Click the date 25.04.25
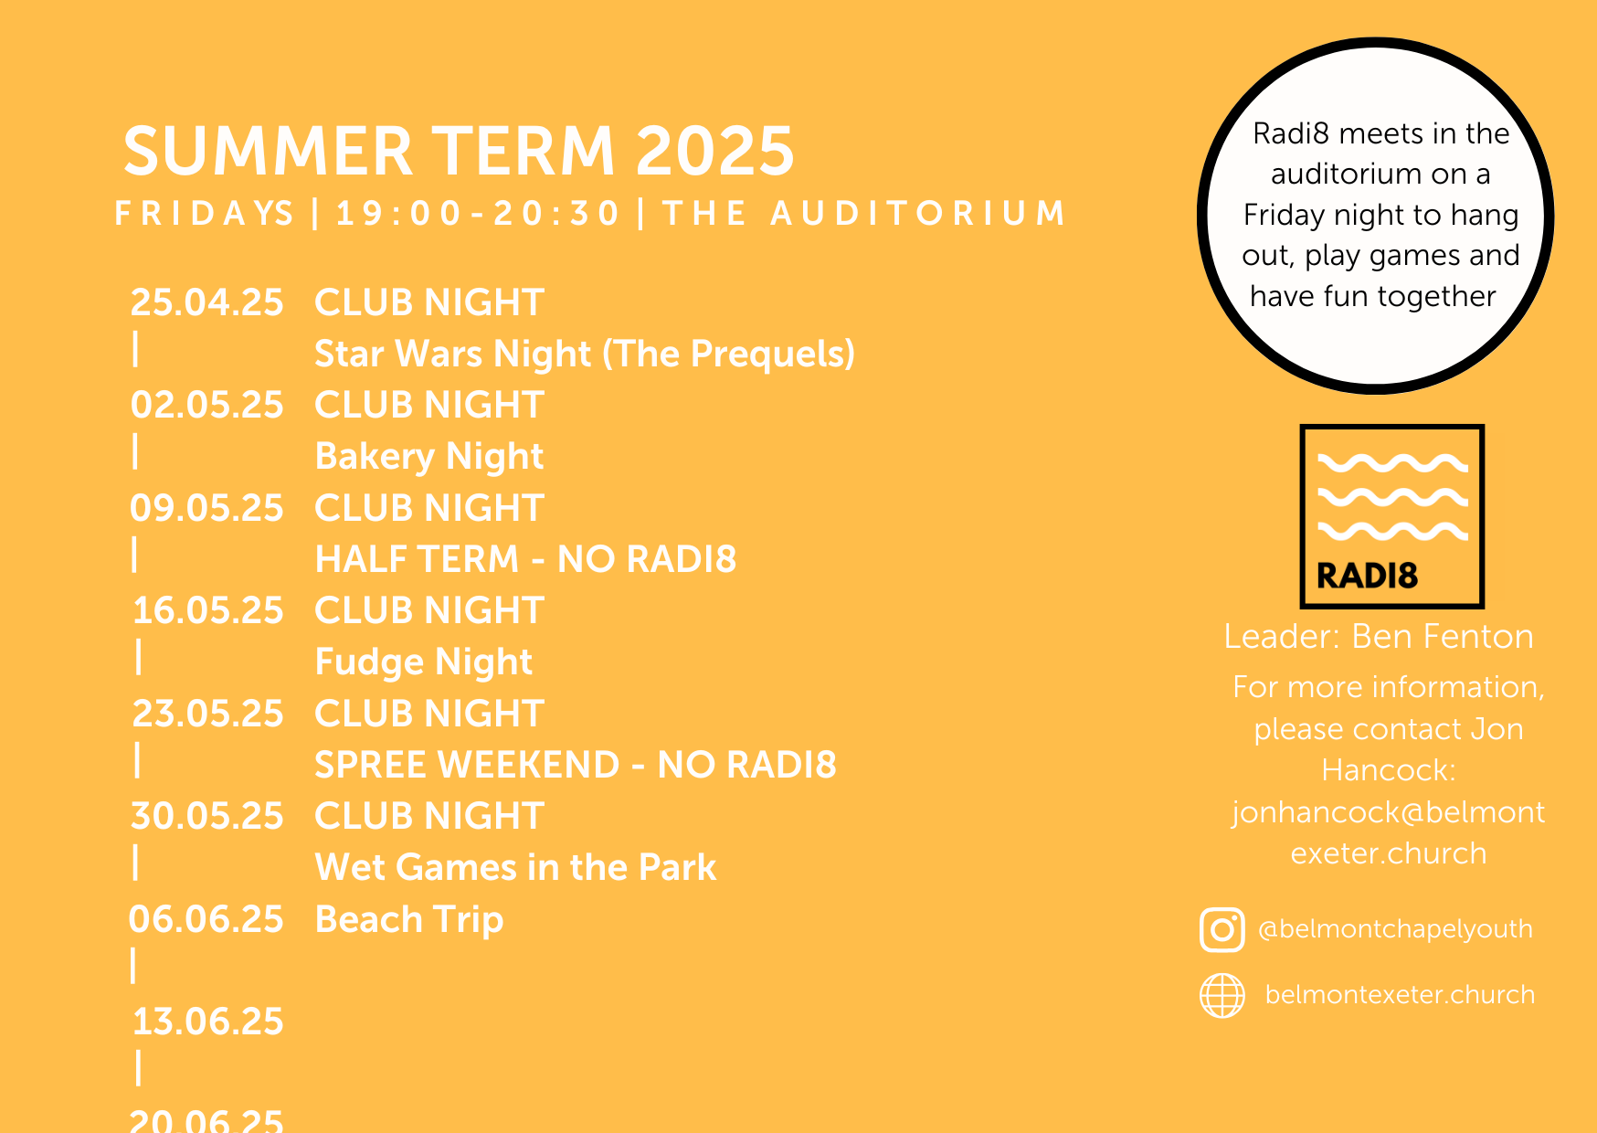(x=207, y=302)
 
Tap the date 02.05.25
(x=207, y=405)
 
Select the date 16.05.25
(x=208, y=610)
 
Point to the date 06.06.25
(x=206, y=919)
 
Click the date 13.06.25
(x=208, y=1022)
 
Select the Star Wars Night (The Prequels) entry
(x=585, y=355)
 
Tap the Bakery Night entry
(x=429, y=457)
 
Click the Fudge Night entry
(x=423, y=662)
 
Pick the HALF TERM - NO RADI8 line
(x=525, y=559)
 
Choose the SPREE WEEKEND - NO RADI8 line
(x=576, y=765)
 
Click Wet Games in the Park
(x=515, y=867)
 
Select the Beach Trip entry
(x=409, y=920)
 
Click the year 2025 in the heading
(x=715, y=151)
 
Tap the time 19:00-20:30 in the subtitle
(x=478, y=213)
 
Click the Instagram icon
(x=1222, y=930)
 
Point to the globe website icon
(x=1222, y=995)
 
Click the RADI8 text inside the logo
(x=1367, y=576)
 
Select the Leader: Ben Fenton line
(x=1379, y=637)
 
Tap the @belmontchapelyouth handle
(x=1395, y=929)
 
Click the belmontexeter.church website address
(x=1400, y=994)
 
